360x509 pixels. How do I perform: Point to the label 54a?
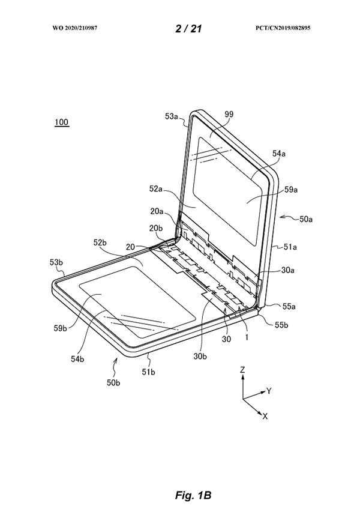point(278,154)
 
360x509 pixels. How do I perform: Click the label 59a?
point(290,190)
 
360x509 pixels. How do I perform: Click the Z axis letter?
point(242,371)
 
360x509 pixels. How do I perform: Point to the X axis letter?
point(265,415)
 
